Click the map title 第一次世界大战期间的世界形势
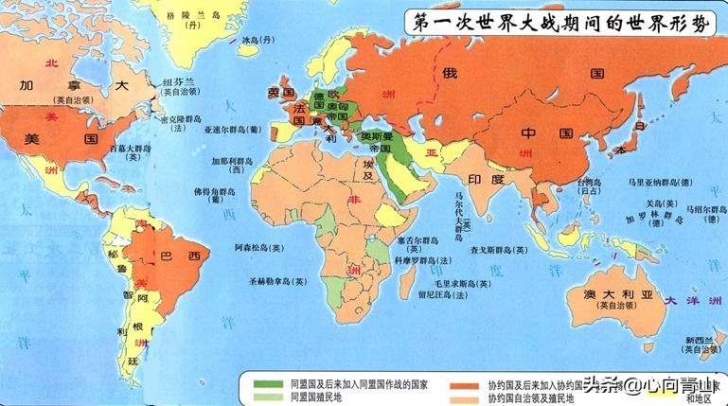[559, 23]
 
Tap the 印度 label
[488, 179]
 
